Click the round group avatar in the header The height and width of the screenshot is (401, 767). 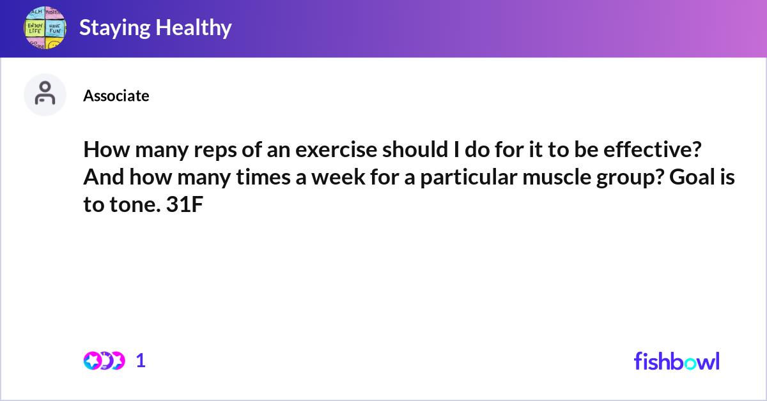click(45, 28)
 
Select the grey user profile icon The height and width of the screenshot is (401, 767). click(45, 95)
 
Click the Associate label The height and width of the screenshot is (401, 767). click(116, 96)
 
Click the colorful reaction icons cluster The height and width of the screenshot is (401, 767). click(104, 361)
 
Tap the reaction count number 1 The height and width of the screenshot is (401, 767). click(141, 361)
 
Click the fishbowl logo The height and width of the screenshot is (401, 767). click(676, 361)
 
